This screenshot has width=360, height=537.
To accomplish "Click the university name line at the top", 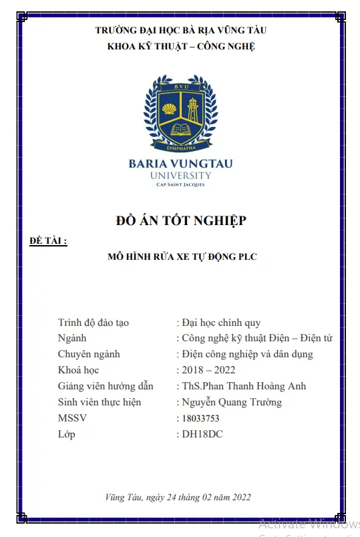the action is [181, 30].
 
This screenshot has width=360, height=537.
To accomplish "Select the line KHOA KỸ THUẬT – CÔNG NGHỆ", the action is [181, 46].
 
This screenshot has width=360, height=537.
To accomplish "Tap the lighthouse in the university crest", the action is [193, 108].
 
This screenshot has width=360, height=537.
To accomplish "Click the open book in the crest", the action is [181, 128].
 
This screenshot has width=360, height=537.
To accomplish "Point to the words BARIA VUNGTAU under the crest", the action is [181, 164].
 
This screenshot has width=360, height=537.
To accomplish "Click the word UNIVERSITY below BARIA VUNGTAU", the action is [181, 176].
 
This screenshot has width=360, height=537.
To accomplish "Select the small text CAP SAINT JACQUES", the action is [181, 185].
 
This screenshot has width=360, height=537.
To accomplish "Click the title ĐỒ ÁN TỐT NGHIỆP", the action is [181, 220].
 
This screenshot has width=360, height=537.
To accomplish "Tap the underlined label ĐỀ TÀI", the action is [49, 240].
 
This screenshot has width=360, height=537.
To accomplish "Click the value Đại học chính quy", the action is [221, 323].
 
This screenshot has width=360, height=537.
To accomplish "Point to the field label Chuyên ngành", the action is [89, 354].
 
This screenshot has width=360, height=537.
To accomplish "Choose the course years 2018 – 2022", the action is [208, 370].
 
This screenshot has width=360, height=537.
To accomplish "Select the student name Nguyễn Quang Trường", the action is [232, 402].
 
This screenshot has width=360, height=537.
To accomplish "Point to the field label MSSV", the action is [72, 418].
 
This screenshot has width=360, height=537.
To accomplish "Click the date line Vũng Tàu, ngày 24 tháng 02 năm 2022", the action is [178, 497].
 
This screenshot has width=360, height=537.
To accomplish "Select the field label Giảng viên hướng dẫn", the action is [106, 386].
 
